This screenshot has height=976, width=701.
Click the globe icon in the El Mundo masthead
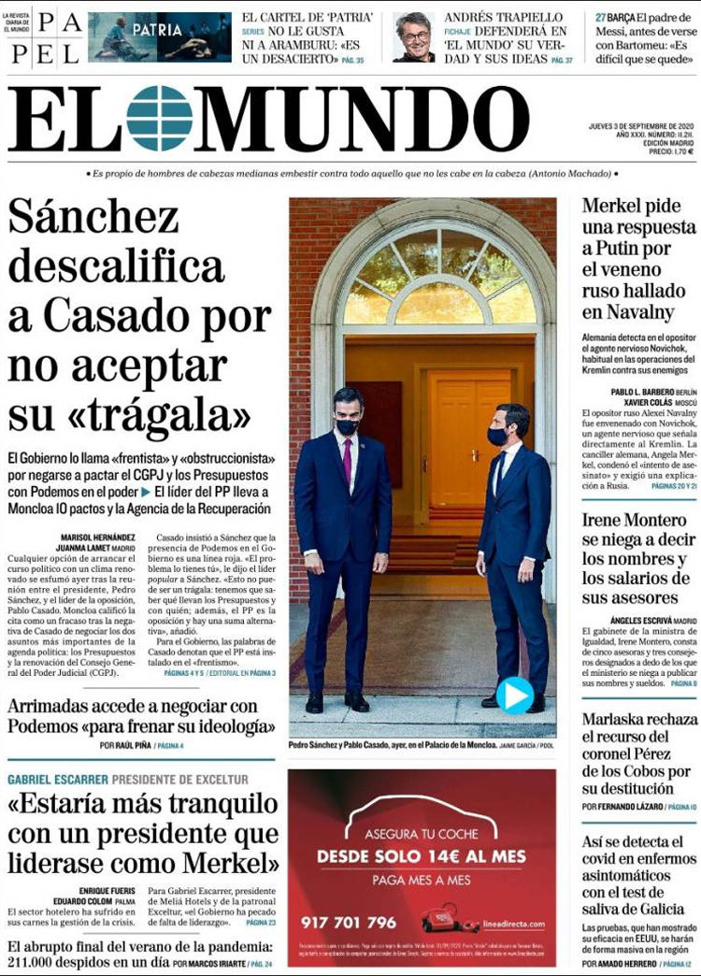159,119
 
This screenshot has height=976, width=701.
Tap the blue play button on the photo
514,695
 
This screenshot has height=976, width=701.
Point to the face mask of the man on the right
498,436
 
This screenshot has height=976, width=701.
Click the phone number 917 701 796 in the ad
349,923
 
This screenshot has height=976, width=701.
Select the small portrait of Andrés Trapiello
413,36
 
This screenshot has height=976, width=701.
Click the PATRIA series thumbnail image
160,36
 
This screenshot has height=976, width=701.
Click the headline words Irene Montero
634,520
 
